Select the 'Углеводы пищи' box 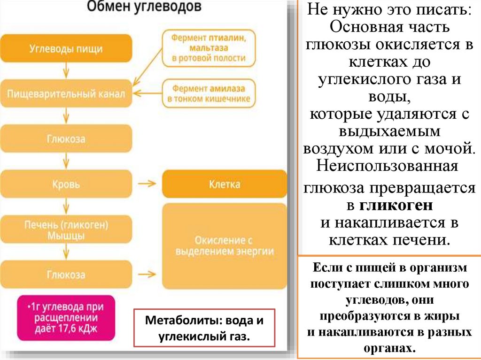click(66, 48)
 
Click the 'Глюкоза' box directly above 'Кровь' click(66, 139)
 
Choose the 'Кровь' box click(66, 184)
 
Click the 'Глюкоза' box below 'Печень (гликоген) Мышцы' click(66, 275)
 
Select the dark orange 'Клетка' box click(224, 184)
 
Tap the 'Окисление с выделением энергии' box click(224, 246)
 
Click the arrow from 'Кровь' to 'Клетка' click(147, 184)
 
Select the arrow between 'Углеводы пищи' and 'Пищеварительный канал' click(66, 71)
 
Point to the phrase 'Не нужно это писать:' click(389, 10)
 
